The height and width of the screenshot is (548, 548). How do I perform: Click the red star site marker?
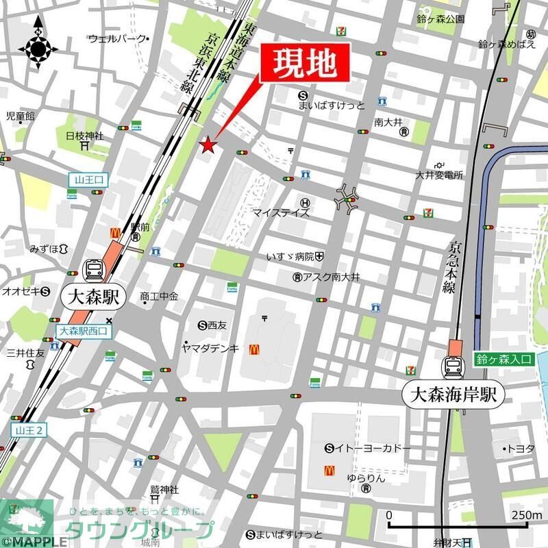point(208,145)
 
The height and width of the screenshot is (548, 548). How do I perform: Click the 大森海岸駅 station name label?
point(453,395)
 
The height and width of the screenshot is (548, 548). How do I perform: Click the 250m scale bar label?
point(525,515)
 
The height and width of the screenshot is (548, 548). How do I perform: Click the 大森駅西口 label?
point(83,332)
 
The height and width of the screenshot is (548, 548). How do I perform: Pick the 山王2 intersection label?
point(28,430)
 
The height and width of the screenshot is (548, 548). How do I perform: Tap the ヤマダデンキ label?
point(210,348)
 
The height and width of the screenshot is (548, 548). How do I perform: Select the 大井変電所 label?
point(439,175)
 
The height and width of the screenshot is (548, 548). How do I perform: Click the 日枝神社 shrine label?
point(84,136)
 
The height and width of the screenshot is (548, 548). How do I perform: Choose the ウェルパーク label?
point(117,38)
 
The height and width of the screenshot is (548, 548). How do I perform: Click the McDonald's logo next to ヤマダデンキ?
point(253,349)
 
